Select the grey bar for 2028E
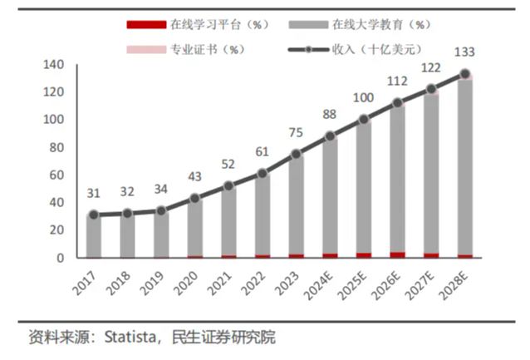tap(465, 166)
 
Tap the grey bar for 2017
tap(93, 236)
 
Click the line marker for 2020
tap(194, 199)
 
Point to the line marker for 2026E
tap(398, 103)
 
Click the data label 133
tap(465, 52)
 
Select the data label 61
tap(263, 151)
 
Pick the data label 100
tap(364, 97)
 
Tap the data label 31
tap(93, 193)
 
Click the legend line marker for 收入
tap(310, 49)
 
